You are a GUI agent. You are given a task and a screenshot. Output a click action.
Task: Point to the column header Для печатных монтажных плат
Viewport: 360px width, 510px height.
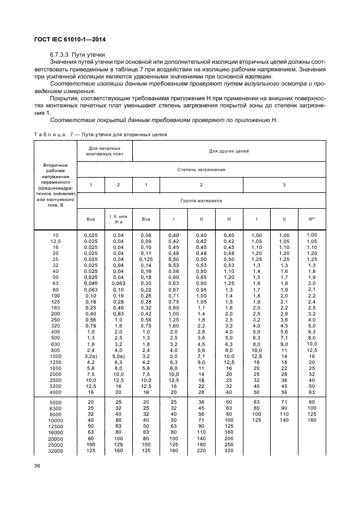(x=104, y=151)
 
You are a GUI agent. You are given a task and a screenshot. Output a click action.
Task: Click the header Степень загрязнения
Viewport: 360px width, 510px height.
(x=201, y=169)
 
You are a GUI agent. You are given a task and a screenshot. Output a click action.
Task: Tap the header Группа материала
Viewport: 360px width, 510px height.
(x=201, y=200)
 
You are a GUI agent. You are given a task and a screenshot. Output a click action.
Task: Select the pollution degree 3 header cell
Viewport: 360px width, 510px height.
(x=284, y=185)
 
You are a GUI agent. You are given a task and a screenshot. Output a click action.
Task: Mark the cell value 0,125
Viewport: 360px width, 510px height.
(x=145, y=259)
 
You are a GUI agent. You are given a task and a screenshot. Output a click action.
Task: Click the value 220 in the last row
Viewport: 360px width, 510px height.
(x=202, y=450)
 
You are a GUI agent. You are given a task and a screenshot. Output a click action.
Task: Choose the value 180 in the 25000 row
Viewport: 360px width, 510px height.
(x=202, y=445)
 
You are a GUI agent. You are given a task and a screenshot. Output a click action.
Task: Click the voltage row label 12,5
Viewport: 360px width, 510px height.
(x=55, y=240)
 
